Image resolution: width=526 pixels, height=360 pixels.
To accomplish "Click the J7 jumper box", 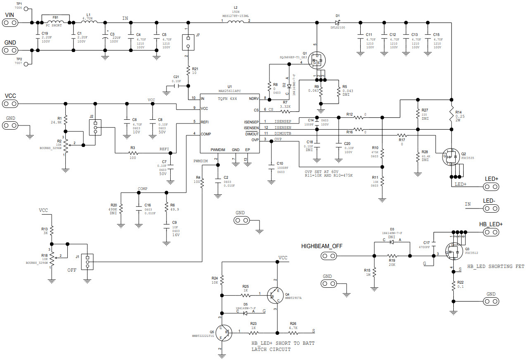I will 188,41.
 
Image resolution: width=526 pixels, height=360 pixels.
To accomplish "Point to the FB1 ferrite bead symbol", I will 55,22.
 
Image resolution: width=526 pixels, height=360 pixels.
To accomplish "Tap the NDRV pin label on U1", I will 253,98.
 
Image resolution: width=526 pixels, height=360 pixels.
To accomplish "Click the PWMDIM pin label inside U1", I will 219,150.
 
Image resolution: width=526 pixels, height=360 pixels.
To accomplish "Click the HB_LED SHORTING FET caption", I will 495,267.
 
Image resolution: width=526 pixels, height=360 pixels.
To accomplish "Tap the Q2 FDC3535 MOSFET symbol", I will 450,157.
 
